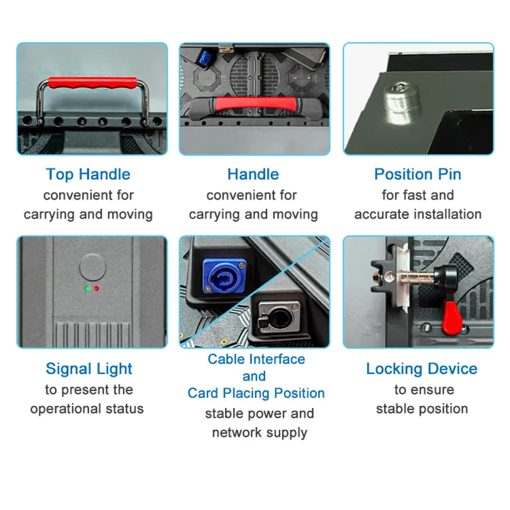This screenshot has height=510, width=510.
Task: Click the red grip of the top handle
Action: (92, 84)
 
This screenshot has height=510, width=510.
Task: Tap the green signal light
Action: (87, 288)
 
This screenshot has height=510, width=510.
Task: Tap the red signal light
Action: (96, 288)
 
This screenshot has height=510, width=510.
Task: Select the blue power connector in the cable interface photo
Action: (224, 276)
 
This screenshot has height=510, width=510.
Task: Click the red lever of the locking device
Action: (452, 316)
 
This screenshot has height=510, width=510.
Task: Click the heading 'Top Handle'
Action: (88, 175)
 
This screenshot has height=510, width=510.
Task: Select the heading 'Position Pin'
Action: (418, 174)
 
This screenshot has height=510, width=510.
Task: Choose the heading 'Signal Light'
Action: (89, 369)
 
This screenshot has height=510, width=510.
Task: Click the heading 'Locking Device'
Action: (422, 369)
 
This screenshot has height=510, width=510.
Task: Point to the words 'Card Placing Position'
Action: (256, 393)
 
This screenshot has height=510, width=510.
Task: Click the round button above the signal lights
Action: (92, 267)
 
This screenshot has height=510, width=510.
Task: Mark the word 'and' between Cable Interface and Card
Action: (254, 376)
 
